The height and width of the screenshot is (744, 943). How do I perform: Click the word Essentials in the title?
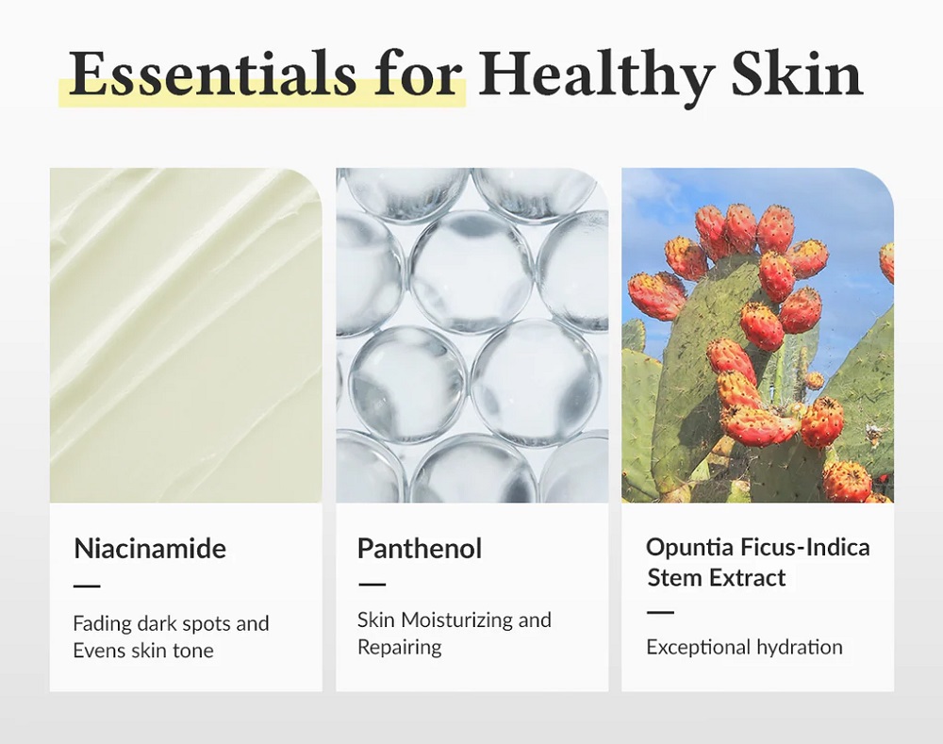tap(212, 74)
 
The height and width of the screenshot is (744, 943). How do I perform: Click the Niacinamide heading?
tap(150, 549)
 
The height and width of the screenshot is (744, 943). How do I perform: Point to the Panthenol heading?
tap(420, 549)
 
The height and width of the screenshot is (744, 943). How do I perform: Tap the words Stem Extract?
tap(717, 578)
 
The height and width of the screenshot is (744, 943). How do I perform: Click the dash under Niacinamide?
tap(87, 586)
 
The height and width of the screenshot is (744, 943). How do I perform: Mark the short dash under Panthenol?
tap(372, 584)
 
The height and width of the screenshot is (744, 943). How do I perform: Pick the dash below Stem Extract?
tap(660, 612)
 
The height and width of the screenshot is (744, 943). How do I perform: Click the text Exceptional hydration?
tap(745, 647)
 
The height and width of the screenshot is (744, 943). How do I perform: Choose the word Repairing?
tap(399, 648)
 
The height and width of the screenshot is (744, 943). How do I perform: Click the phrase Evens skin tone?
tap(143, 650)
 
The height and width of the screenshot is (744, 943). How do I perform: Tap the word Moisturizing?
tap(455, 620)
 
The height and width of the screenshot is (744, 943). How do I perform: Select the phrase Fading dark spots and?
tap(171, 623)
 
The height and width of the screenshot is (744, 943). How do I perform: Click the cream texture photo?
tap(186, 335)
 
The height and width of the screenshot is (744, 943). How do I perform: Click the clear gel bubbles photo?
tap(472, 335)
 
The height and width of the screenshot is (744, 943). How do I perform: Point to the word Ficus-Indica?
tap(804, 548)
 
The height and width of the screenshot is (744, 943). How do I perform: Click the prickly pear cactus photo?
tap(758, 335)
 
